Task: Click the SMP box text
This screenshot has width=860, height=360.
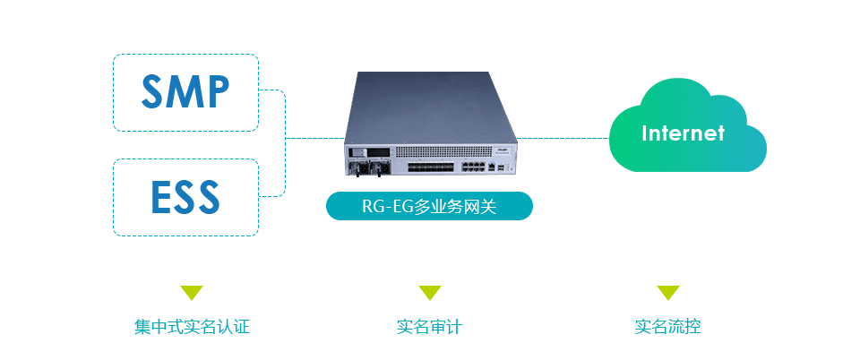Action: click(185, 92)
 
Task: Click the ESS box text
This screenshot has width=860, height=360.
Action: click(185, 197)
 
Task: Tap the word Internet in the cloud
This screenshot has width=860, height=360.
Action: click(683, 133)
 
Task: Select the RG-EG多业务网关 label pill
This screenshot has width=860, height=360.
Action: click(429, 206)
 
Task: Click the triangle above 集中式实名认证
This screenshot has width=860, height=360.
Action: click(192, 293)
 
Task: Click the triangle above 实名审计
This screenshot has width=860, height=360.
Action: click(430, 293)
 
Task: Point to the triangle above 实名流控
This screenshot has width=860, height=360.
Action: click(668, 293)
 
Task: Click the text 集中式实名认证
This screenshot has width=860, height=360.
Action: click(192, 327)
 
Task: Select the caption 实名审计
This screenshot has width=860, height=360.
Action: click(430, 327)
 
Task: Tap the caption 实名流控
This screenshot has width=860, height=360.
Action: click(668, 327)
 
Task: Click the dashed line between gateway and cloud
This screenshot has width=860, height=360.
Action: click(564, 139)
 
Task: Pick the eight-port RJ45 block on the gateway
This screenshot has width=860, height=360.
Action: click(474, 166)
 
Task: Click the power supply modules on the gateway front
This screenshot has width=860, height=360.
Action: click(368, 167)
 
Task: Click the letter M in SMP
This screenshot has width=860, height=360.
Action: click(185, 92)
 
